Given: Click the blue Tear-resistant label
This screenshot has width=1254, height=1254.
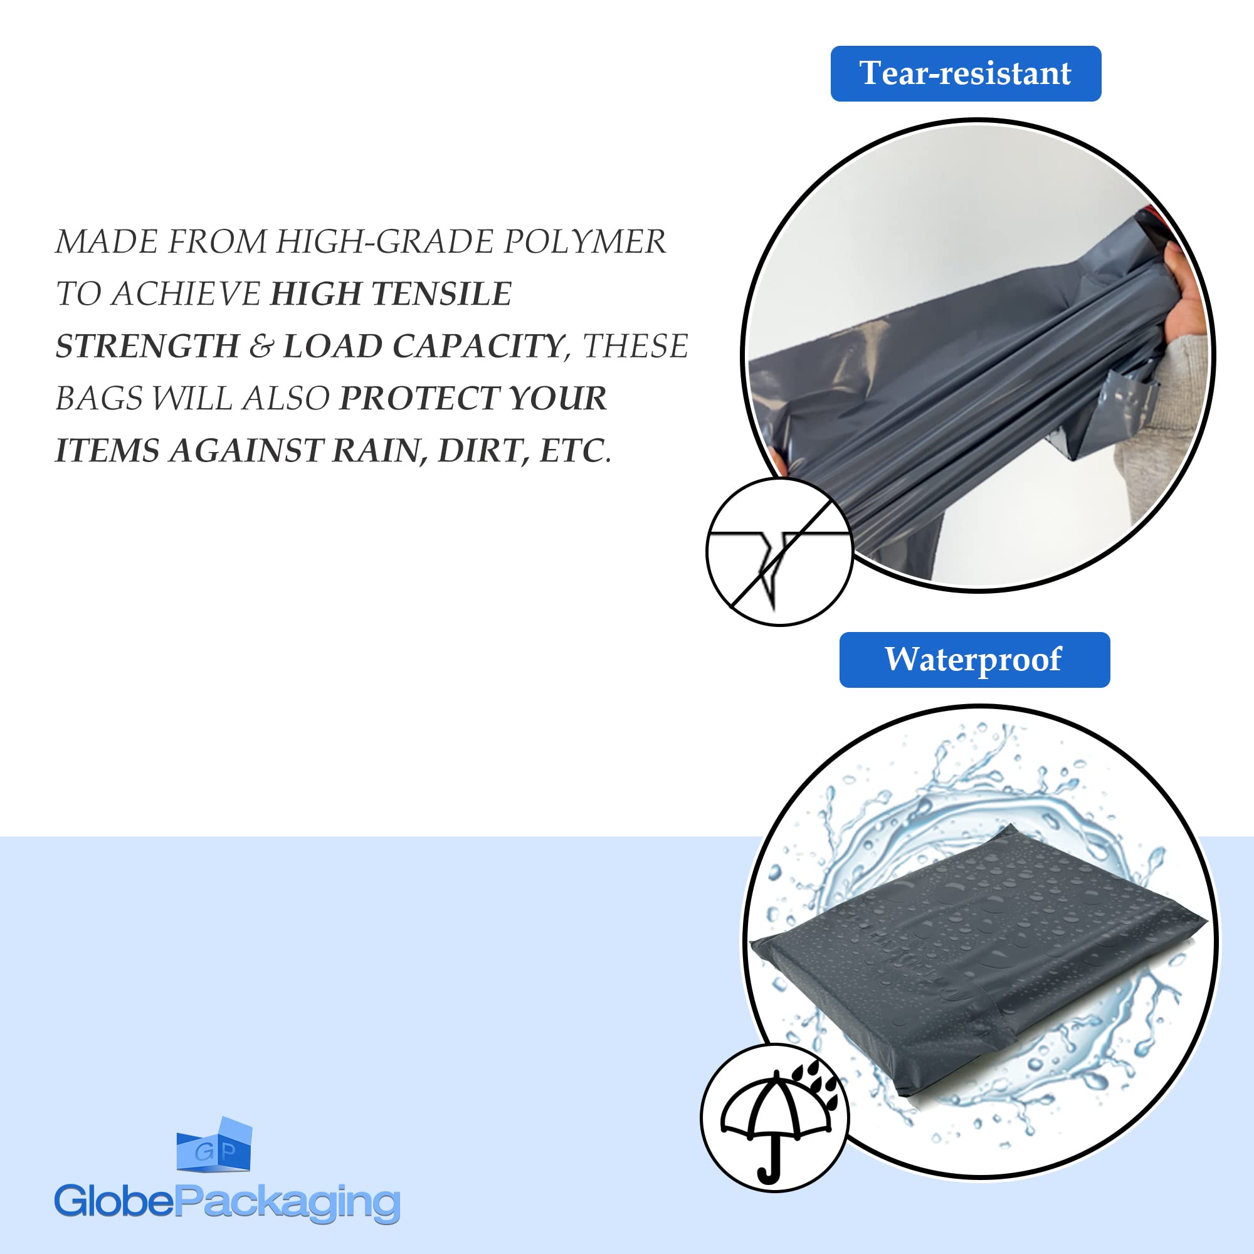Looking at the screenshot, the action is tap(966, 73).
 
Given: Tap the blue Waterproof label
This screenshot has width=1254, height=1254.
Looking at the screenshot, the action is tap(974, 660).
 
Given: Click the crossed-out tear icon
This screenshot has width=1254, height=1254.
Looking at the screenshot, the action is tap(779, 552).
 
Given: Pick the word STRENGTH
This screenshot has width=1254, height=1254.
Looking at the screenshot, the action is tap(147, 346).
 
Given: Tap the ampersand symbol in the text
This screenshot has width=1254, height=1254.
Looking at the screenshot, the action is tap(261, 346).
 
